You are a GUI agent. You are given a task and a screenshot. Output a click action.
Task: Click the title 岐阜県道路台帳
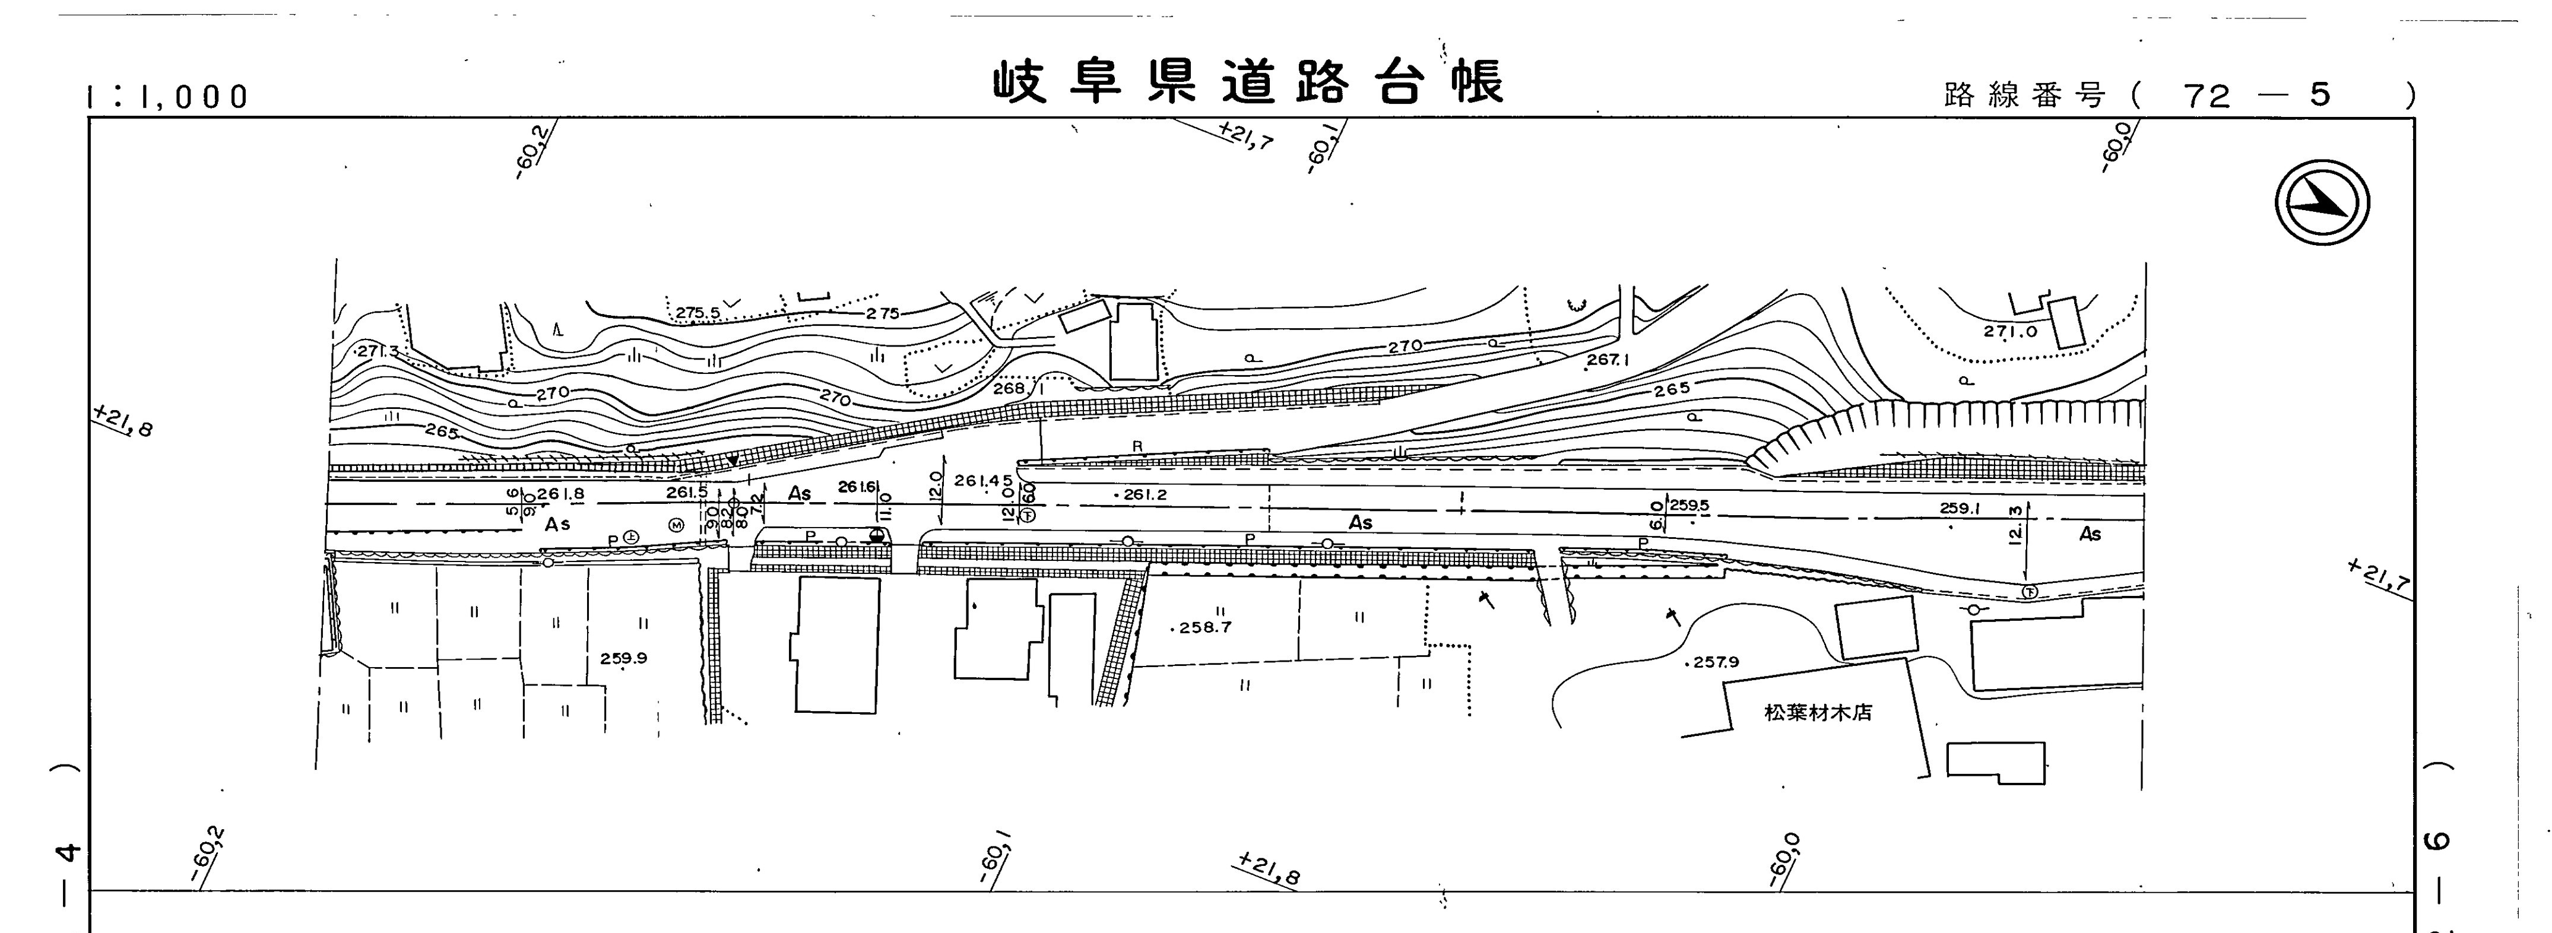point(1248,83)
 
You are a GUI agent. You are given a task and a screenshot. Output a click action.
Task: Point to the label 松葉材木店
point(1818,712)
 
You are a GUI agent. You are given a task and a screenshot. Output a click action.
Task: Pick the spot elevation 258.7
point(1204,627)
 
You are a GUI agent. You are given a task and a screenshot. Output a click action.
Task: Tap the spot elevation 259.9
point(623,658)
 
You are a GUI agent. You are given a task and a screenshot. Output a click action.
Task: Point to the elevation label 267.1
point(1607,360)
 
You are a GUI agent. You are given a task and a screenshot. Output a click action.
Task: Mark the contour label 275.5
point(699,313)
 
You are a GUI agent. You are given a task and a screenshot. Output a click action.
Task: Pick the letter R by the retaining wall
point(1137,447)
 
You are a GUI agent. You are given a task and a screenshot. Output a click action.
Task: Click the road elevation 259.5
point(1689,505)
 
